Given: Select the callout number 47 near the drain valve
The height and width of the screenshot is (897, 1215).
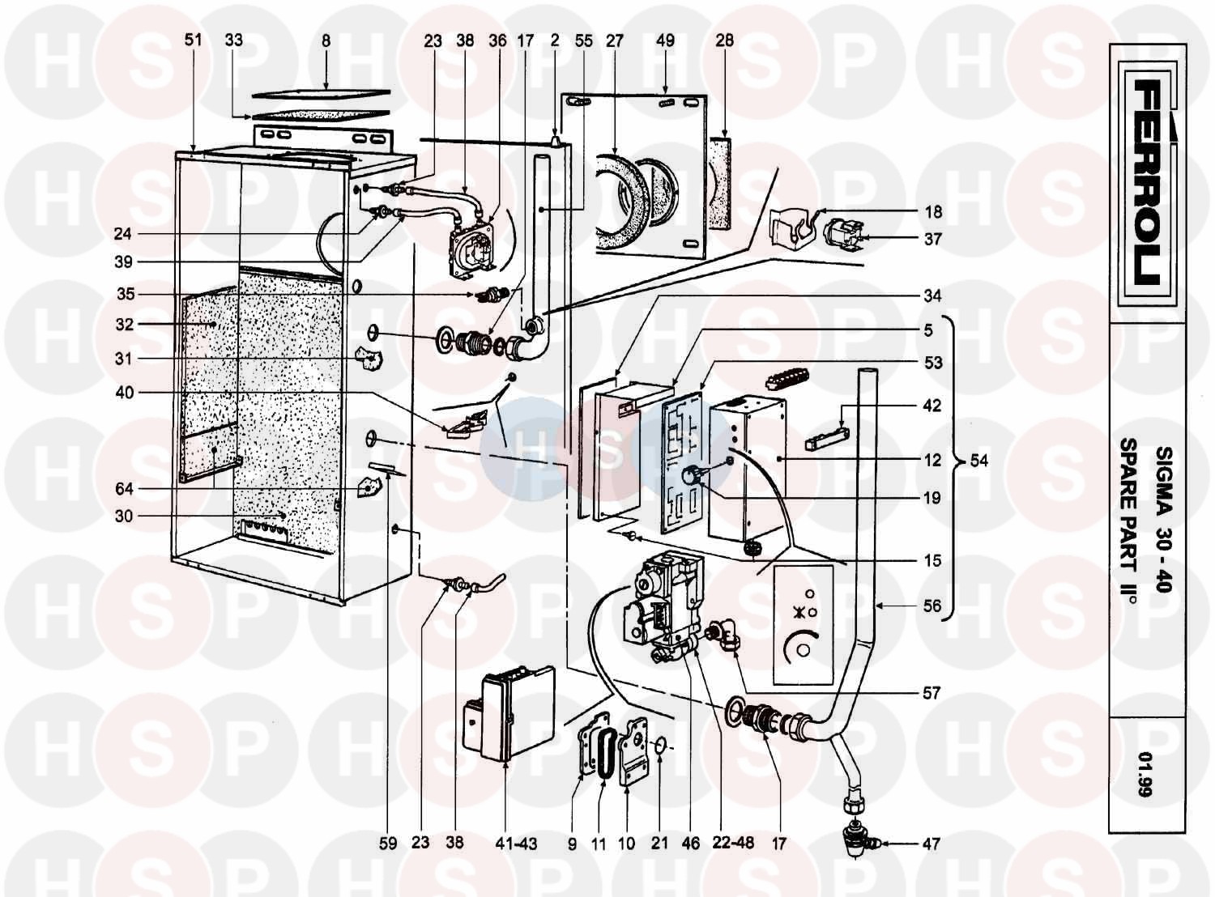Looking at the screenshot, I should pyautogui.click(x=932, y=844).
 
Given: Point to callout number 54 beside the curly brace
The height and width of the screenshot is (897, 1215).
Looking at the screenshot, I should pyautogui.click(x=978, y=461).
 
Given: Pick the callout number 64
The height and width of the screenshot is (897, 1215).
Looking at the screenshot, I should pyautogui.click(x=124, y=489).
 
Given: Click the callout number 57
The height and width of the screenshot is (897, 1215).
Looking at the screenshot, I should pyautogui.click(x=932, y=693).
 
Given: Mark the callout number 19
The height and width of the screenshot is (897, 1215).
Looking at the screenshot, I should pyautogui.click(x=932, y=498).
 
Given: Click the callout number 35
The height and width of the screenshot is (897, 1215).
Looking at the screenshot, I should pyautogui.click(x=125, y=295).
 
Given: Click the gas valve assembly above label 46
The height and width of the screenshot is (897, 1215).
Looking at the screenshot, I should pyautogui.click(x=660, y=603).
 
